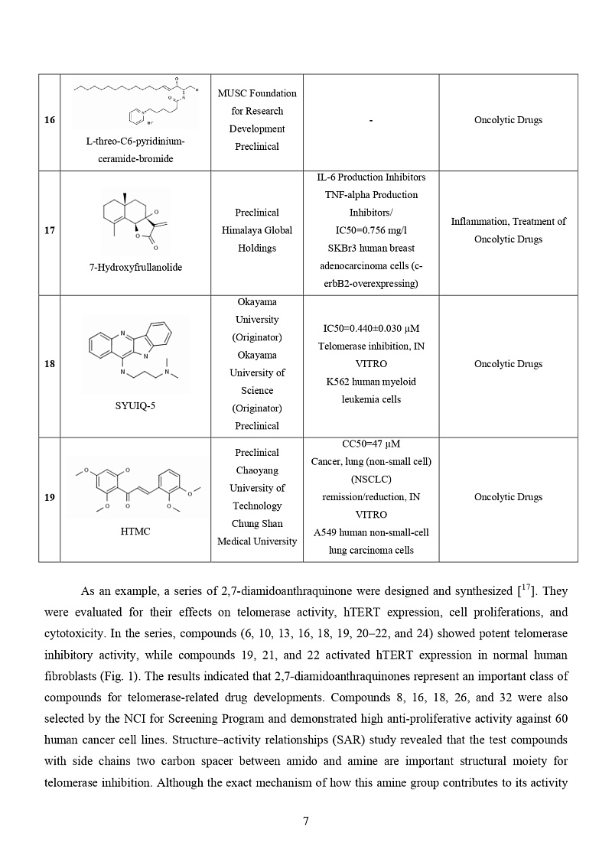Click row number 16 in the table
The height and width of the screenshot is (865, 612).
(49, 120)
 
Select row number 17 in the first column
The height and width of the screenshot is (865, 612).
(49, 230)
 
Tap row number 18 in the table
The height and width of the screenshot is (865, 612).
(49, 364)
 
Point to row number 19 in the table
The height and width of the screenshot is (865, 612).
(49, 497)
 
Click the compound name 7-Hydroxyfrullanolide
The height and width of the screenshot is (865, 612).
(135, 267)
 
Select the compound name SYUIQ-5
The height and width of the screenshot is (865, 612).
(135, 405)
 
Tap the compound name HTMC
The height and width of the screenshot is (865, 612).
(135, 532)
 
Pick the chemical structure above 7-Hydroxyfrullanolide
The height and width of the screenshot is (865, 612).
(135, 220)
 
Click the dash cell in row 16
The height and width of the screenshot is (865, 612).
(371, 121)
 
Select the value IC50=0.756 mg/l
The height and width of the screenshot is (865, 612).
(371, 230)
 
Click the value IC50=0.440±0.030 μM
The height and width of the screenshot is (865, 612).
(371, 329)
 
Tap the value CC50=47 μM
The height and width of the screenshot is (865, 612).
(371, 444)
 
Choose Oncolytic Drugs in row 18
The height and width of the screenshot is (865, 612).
(508, 364)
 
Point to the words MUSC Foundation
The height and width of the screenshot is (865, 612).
(257, 93)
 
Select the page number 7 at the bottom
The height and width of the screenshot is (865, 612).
(306, 821)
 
